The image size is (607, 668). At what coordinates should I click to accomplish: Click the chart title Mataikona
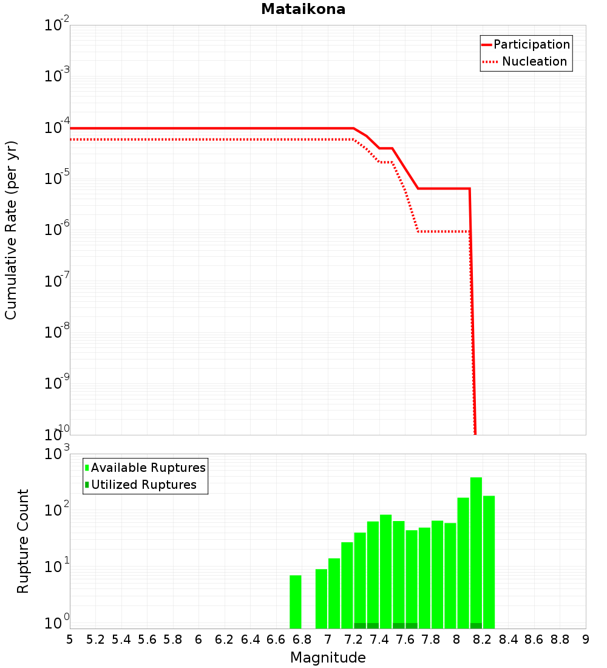coord(303,10)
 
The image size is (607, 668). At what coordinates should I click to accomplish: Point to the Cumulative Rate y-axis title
coord(11,230)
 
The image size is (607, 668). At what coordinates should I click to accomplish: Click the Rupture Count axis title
coord(23,541)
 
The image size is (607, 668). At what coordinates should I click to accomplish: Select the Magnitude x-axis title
coord(328,658)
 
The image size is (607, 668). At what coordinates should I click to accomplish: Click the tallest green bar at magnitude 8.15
coord(476,547)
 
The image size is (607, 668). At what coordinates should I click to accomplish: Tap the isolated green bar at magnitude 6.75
coord(296,601)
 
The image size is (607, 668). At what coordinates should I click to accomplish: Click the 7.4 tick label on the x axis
coord(379,639)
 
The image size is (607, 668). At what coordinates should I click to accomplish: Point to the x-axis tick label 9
coord(586,639)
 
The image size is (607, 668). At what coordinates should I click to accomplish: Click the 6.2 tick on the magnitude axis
coord(225,639)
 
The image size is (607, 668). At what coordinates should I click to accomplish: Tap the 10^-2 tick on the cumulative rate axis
coord(57,26)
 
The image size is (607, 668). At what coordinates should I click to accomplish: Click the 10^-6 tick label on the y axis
coord(57,230)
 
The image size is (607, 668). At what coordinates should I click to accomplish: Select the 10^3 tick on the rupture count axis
coord(57,454)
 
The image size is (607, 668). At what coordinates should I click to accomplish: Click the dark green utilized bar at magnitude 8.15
coord(476,625)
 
